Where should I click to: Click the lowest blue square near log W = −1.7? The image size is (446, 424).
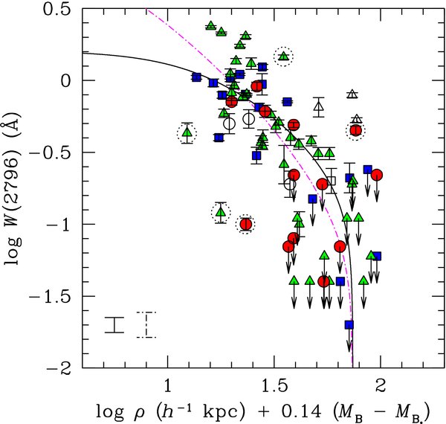(x=349, y=324)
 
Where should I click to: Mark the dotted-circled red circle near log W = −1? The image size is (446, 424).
(x=245, y=225)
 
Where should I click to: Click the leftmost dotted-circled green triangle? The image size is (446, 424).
(x=187, y=133)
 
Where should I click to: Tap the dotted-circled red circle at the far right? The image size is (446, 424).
(x=356, y=130)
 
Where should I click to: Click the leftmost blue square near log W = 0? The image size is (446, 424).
(x=196, y=77)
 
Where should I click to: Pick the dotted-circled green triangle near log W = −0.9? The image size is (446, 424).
(x=220, y=212)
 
